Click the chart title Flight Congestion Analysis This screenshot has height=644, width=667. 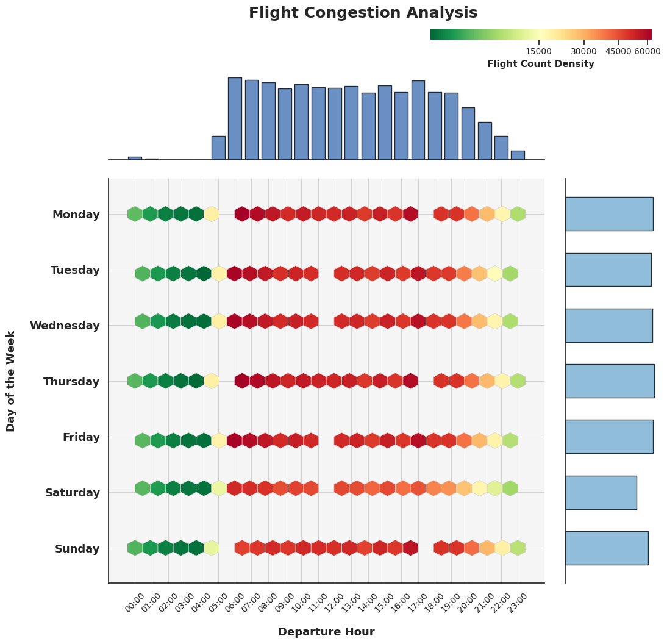coord(363,13)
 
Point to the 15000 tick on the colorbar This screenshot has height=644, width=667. coord(538,52)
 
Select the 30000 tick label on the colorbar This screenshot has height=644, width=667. coord(583,52)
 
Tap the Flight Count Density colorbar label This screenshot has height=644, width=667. coord(540,64)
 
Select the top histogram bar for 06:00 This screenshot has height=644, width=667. coord(235,119)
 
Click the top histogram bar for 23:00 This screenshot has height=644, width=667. coord(518,155)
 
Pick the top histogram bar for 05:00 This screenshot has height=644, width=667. coord(218,148)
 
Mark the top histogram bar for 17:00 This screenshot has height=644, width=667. coord(418,120)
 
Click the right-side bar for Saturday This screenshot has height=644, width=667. coord(601,492)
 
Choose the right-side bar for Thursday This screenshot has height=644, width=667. coord(610,381)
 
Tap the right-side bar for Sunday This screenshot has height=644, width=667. coord(607,548)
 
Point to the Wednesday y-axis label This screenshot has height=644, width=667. coord(65,326)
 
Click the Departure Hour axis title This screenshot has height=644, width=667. coord(326,632)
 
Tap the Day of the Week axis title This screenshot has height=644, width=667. coord(11,381)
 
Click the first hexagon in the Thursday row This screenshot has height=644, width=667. coord(135,381)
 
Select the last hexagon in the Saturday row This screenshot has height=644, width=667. coord(510,488)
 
